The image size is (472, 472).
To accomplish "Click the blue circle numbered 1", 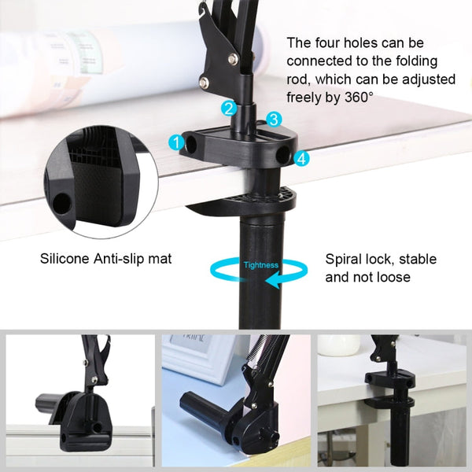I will click(x=176, y=142).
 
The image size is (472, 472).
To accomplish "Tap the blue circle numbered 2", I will click(x=228, y=109).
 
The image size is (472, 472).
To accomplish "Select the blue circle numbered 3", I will click(x=273, y=120).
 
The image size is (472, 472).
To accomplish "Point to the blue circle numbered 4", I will click(x=301, y=158).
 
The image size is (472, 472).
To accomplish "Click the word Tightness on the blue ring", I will click(x=260, y=265).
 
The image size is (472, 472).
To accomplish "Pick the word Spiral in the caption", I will click(x=344, y=259).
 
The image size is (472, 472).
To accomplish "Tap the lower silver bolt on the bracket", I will click(x=205, y=81).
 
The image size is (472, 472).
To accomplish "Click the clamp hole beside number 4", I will click(x=283, y=157).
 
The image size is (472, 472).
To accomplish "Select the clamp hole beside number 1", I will click(x=190, y=146).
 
